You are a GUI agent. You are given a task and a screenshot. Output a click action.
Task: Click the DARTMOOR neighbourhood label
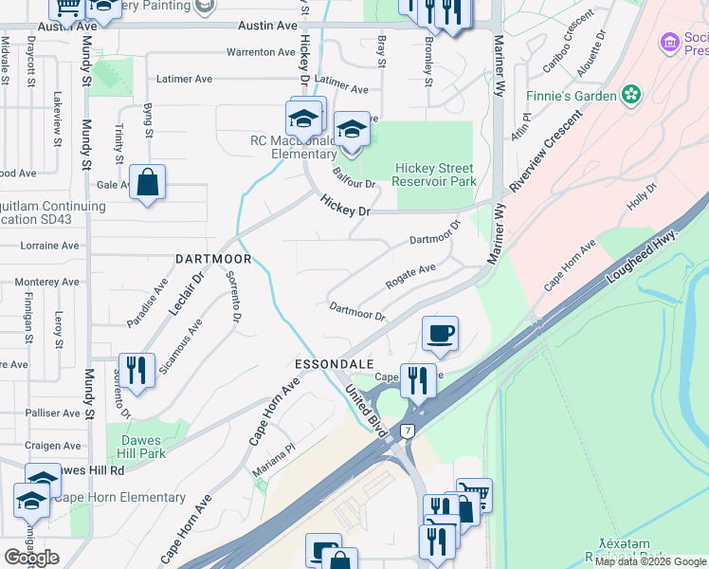tap(213, 259)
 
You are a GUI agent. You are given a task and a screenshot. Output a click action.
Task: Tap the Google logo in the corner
tap(31, 558)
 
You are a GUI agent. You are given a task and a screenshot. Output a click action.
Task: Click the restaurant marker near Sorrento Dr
tap(136, 372)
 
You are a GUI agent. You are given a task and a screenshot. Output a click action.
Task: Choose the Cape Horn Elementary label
tap(119, 497)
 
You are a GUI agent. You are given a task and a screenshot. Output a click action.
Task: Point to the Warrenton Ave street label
tap(263, 52)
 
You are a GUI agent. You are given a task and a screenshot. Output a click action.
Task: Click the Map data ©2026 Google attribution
tap(650, 561)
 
